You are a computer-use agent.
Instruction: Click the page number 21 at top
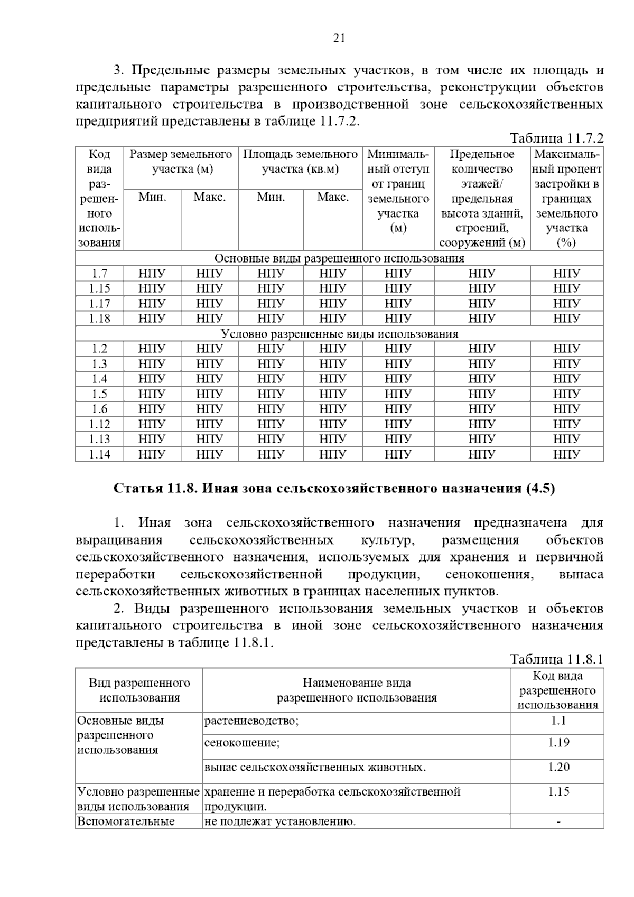tap(339, 38)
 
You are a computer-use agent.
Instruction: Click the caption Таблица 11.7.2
tap(556, 138)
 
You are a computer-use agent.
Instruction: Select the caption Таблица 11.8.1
tap(556, 659)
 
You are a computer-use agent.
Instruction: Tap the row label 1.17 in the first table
tap(99, 304)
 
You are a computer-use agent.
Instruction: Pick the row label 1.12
tap(99, 424)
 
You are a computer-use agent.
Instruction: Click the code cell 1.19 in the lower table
tap(558, 743)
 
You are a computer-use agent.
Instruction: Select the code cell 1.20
tap(558, 767)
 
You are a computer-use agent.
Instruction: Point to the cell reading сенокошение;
tap(242, 743)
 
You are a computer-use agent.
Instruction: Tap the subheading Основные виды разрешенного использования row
tap(339, 258)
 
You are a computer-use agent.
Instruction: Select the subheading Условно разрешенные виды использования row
tap(339, 334)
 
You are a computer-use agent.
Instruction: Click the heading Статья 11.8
tap(334, 488)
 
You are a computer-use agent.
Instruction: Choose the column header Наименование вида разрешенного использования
tap(357, 690)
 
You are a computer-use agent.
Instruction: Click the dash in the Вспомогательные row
tap(558, 822)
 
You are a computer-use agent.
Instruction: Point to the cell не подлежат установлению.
tap(280, 822)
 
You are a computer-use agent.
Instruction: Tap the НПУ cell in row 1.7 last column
tap(567, 274)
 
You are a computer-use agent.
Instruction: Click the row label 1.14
tap(99, 454)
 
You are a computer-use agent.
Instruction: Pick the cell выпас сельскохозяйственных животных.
tap(315, 767)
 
